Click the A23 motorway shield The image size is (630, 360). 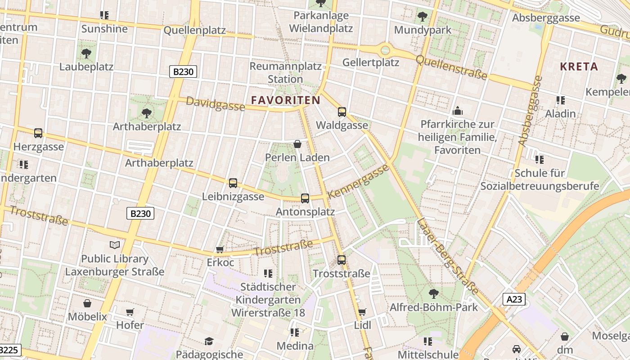(514, 299)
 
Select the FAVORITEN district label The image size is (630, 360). (286, 100)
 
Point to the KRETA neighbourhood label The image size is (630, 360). (579, 67)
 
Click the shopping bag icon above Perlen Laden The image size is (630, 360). (297, 144)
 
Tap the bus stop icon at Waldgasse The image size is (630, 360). (342, 112)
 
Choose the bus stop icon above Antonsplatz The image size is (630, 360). (305, 198)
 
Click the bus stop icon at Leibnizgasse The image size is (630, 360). (233, 183)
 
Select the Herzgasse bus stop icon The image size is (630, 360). (38, 133)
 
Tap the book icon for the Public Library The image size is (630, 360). (115, 245)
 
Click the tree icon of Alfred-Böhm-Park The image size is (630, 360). (433, 294)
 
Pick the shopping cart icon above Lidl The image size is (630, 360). (362, 312)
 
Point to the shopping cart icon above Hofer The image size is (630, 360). (130, 312)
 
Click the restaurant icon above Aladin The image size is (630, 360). (560, 100)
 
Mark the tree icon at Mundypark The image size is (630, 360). (422, 17)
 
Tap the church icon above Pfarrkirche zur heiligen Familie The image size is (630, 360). (458, 111)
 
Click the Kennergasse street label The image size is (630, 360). (358, 181)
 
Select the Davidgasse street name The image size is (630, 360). (216, 104)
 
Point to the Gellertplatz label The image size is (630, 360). (371, 63)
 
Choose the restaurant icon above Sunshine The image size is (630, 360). (104, 15)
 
